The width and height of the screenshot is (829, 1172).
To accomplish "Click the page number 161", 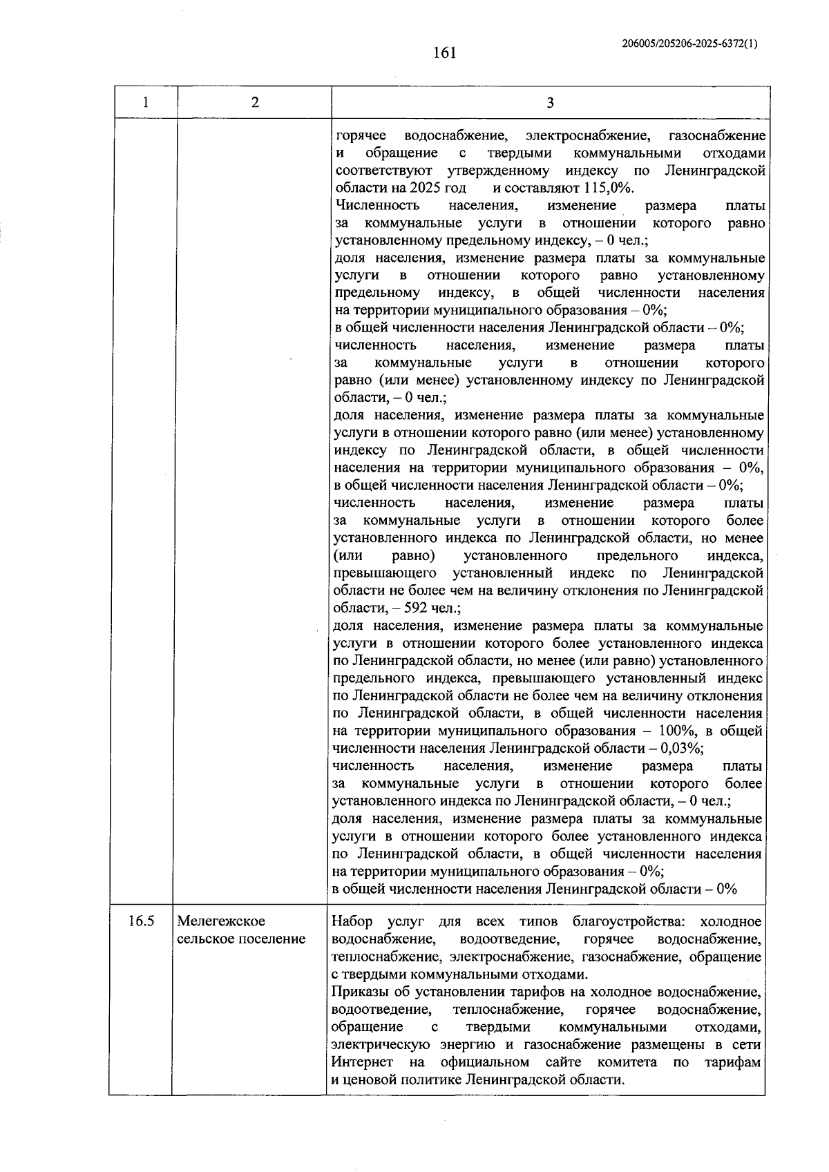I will (x=445, y=52).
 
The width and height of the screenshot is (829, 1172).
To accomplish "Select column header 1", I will (x=145, y=103).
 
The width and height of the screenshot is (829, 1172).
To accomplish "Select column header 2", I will (x=255, y=103).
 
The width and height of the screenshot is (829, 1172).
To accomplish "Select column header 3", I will (x=550, y=103).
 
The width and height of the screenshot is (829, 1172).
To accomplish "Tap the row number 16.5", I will (x=141, y=921).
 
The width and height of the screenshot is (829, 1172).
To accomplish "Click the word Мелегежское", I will (x=222, y=921).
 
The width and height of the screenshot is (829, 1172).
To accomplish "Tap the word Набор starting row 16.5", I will (x=352, y=922).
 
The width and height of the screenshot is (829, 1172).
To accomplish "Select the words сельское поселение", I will (x=240, y=939).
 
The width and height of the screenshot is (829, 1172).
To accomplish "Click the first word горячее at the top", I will (x=361, y=135).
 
